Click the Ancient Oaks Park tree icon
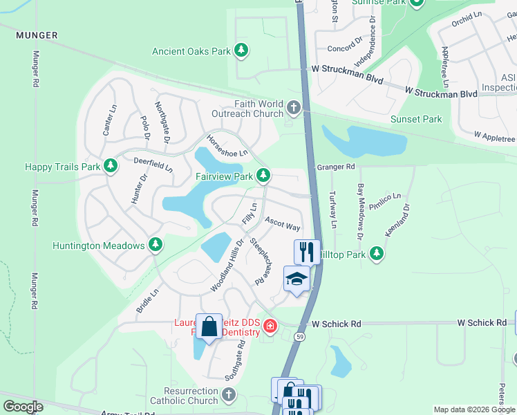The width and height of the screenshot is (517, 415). coord(241,50)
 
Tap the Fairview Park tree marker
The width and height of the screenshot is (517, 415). coord(263,176)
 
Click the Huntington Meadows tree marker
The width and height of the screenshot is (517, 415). coord(156,244)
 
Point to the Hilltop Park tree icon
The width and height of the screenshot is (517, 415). coord(376,254)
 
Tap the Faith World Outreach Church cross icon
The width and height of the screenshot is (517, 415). coord(294,107)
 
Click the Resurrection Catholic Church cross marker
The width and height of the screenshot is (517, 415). coord(229,395)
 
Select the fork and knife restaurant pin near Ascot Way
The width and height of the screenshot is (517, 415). coord(306,250)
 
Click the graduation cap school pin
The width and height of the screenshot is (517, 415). coord(297,279)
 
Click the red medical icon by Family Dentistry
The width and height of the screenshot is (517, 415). coord(269,326)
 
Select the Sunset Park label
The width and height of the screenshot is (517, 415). coord(416,119)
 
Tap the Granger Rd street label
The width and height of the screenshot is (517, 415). coord(336,167)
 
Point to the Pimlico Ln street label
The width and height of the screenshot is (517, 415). coord(389,200)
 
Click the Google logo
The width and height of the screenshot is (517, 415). coord(23,407)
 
